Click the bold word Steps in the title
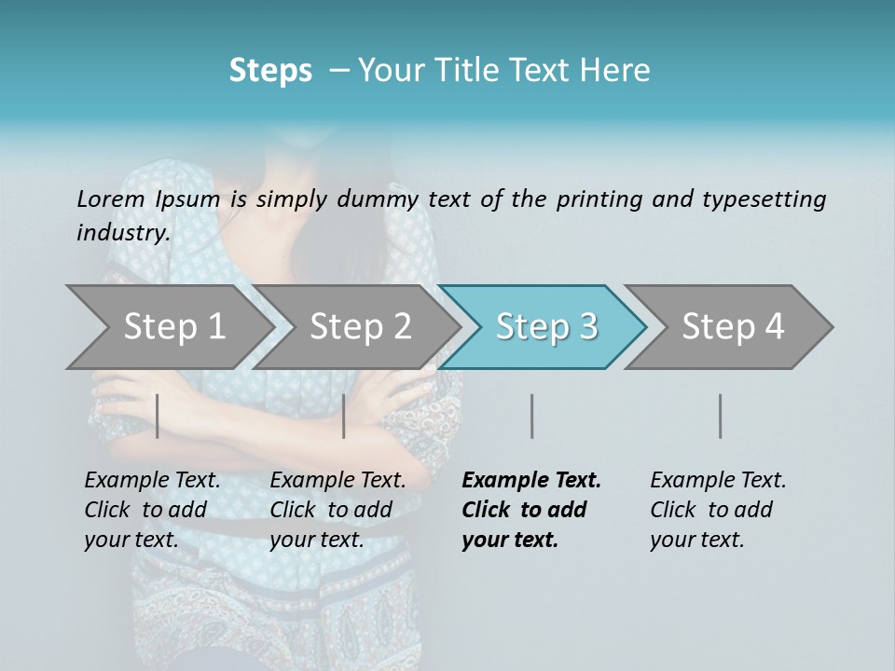(270, 71)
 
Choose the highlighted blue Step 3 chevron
(545, 327)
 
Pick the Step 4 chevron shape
(732, 327)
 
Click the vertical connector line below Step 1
(158, 416)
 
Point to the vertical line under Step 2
(344, 416)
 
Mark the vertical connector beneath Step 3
(531, 416)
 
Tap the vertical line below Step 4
(721, 416)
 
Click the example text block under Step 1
(152, 510)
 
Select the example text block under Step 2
(337, 510)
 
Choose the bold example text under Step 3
(530, 510)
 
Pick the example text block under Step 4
(718, 510)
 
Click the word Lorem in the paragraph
(111, 199)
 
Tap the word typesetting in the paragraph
(768, 199)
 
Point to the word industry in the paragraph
(123, 233)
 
